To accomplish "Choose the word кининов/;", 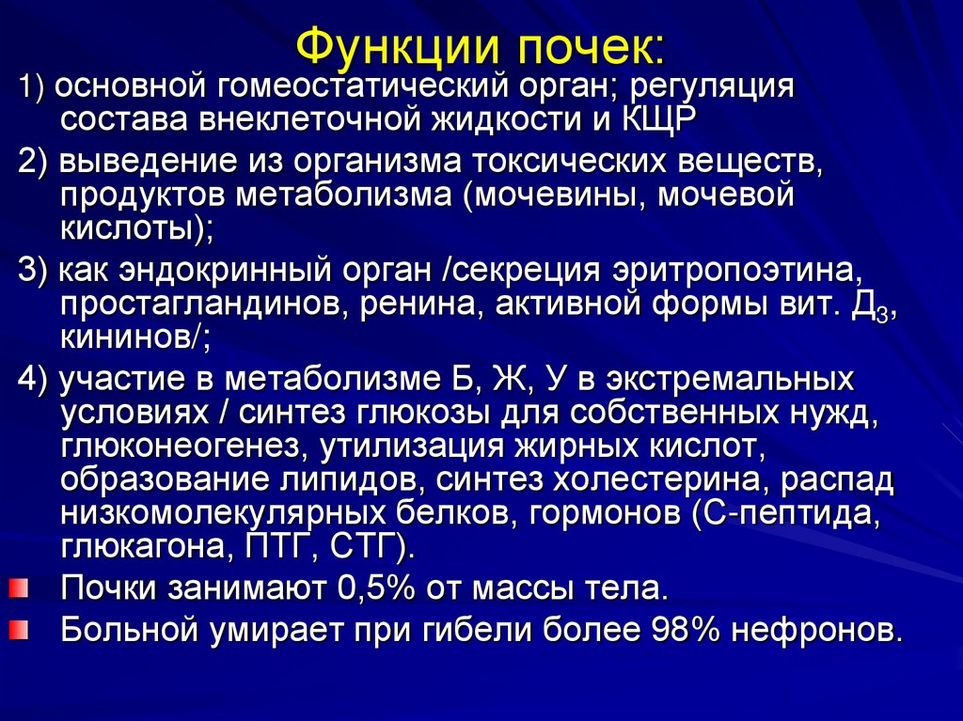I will click(x=134, y=337).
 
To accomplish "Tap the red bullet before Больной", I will click(x=18, y=627).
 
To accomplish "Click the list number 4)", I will click(x=36, y=379).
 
